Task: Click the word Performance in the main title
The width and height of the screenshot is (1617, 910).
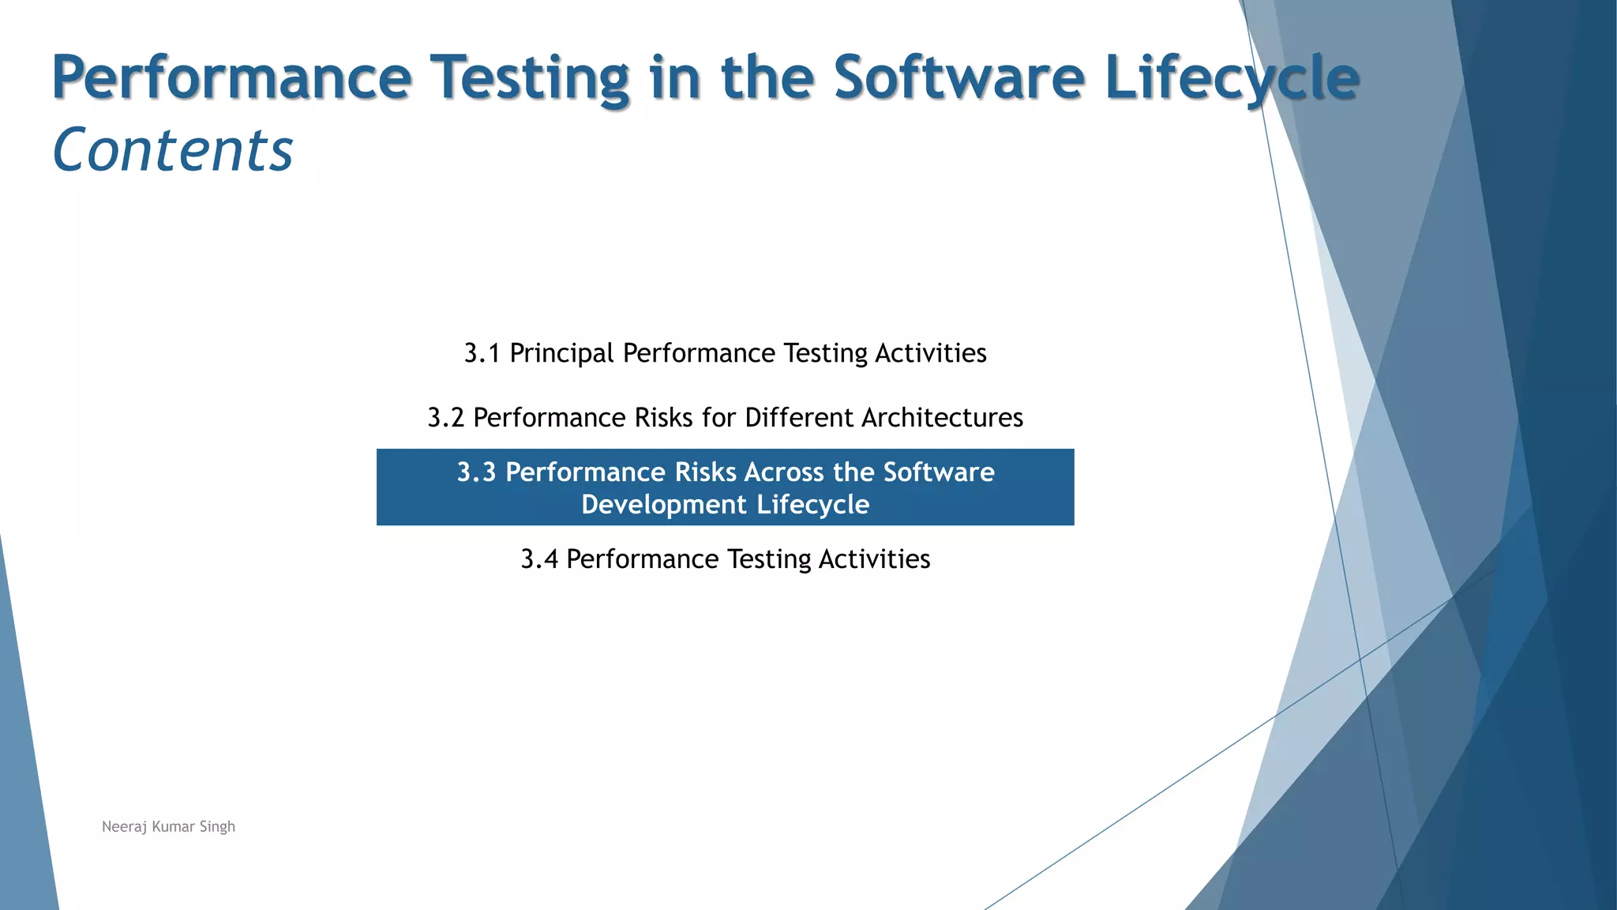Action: click(231, 77)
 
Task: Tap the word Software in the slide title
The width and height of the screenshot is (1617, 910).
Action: click(959, 77)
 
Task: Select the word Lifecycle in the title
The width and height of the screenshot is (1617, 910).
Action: click(1232, 77)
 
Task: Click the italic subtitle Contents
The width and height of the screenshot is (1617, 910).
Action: click(172, 150)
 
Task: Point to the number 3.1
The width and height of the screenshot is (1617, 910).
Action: click(482, 353)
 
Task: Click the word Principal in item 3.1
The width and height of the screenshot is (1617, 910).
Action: click(561, 353)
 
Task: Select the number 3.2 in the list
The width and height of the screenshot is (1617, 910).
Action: click(445, 418)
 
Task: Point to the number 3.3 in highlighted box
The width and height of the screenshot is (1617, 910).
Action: click(476, 472)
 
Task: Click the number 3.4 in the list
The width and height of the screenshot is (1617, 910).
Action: click(538, 559)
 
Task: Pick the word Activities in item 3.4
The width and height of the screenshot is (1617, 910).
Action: click(874, 559)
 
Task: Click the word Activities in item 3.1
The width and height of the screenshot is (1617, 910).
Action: click(930, 353)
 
